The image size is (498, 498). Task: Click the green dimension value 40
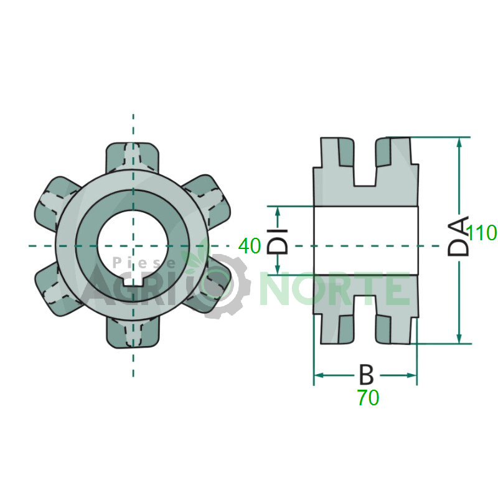pyautogui.click(x=250, y=246)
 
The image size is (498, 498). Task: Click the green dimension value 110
pyautogui.click(x=481, y=233)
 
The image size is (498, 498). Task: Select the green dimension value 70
pyautogui.click(x=369, y=397)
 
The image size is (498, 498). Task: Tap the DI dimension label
pyautogui.click(x=277, y=242)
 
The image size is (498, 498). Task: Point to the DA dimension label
pyautogui.click(x=458, y=236)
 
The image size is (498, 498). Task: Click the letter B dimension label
pyautogui.click(x=366, y=375)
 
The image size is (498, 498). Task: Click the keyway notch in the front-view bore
pyautogui.click(x=133, y=281)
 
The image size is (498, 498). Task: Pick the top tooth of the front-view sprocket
pyautogui.click(x=132, y=157)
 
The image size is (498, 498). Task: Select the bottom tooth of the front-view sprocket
pyautogui.click(x=132, y=332)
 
